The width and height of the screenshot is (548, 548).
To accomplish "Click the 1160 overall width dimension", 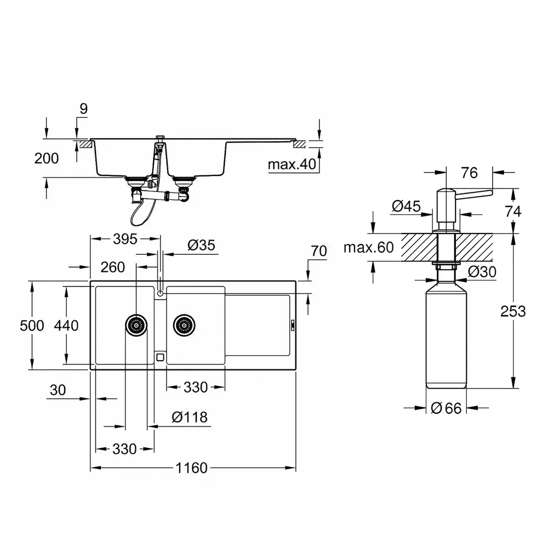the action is [x=191, y=467].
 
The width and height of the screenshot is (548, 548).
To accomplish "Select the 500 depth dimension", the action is [x=32, y=326].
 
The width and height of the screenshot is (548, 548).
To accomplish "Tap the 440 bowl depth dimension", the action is [x=66, y=326].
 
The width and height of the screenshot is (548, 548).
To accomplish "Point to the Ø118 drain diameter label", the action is [x=190, y=417].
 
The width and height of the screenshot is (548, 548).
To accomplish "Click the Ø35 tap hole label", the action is [x=201, y=245].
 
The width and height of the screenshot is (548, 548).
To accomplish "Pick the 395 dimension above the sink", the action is [x=125, y=239].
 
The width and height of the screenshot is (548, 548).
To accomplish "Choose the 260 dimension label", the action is [x=112, y=267].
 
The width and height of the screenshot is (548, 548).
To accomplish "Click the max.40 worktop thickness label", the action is [x=292, y=164].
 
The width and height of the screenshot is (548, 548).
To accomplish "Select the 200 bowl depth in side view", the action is [x=47, y=158].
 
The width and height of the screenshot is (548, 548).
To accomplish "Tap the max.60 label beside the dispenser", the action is [x=369, y=248].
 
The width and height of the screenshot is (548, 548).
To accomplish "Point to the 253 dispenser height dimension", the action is [x=513, y=311].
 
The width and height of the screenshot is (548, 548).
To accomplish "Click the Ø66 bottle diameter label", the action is [x=446, y=408].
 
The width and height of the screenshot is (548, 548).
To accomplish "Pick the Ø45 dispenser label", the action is [x=406, y=206].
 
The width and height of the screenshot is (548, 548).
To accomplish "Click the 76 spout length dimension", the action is [x=469, y=173].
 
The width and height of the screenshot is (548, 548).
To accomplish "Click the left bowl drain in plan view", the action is [x=136, y=325].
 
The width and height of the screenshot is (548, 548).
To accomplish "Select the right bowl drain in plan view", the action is [x=184, y=325].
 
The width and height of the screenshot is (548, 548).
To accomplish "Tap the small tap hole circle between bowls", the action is [x=161, y=293].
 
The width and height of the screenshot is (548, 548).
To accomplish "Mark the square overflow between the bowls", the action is [x=160, y=357].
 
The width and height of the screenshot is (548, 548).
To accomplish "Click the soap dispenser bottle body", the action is [x=446, y=335].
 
